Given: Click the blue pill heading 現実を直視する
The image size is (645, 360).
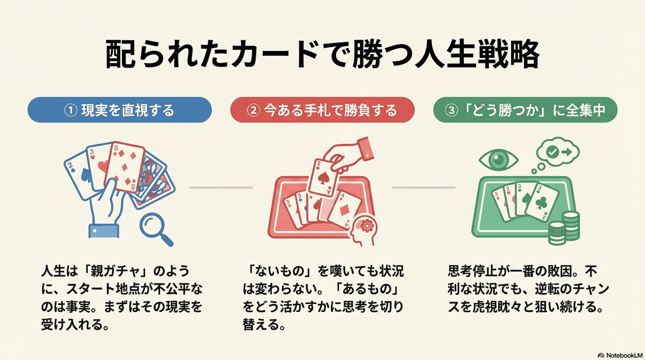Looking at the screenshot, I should tap(118, 111).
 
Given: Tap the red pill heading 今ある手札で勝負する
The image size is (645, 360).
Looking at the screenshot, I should tap(322, 111).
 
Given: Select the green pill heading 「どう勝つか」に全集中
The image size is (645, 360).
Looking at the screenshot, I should tap(526, 111).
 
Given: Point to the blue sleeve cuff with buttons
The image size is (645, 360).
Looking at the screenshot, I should tap(103, 229).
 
